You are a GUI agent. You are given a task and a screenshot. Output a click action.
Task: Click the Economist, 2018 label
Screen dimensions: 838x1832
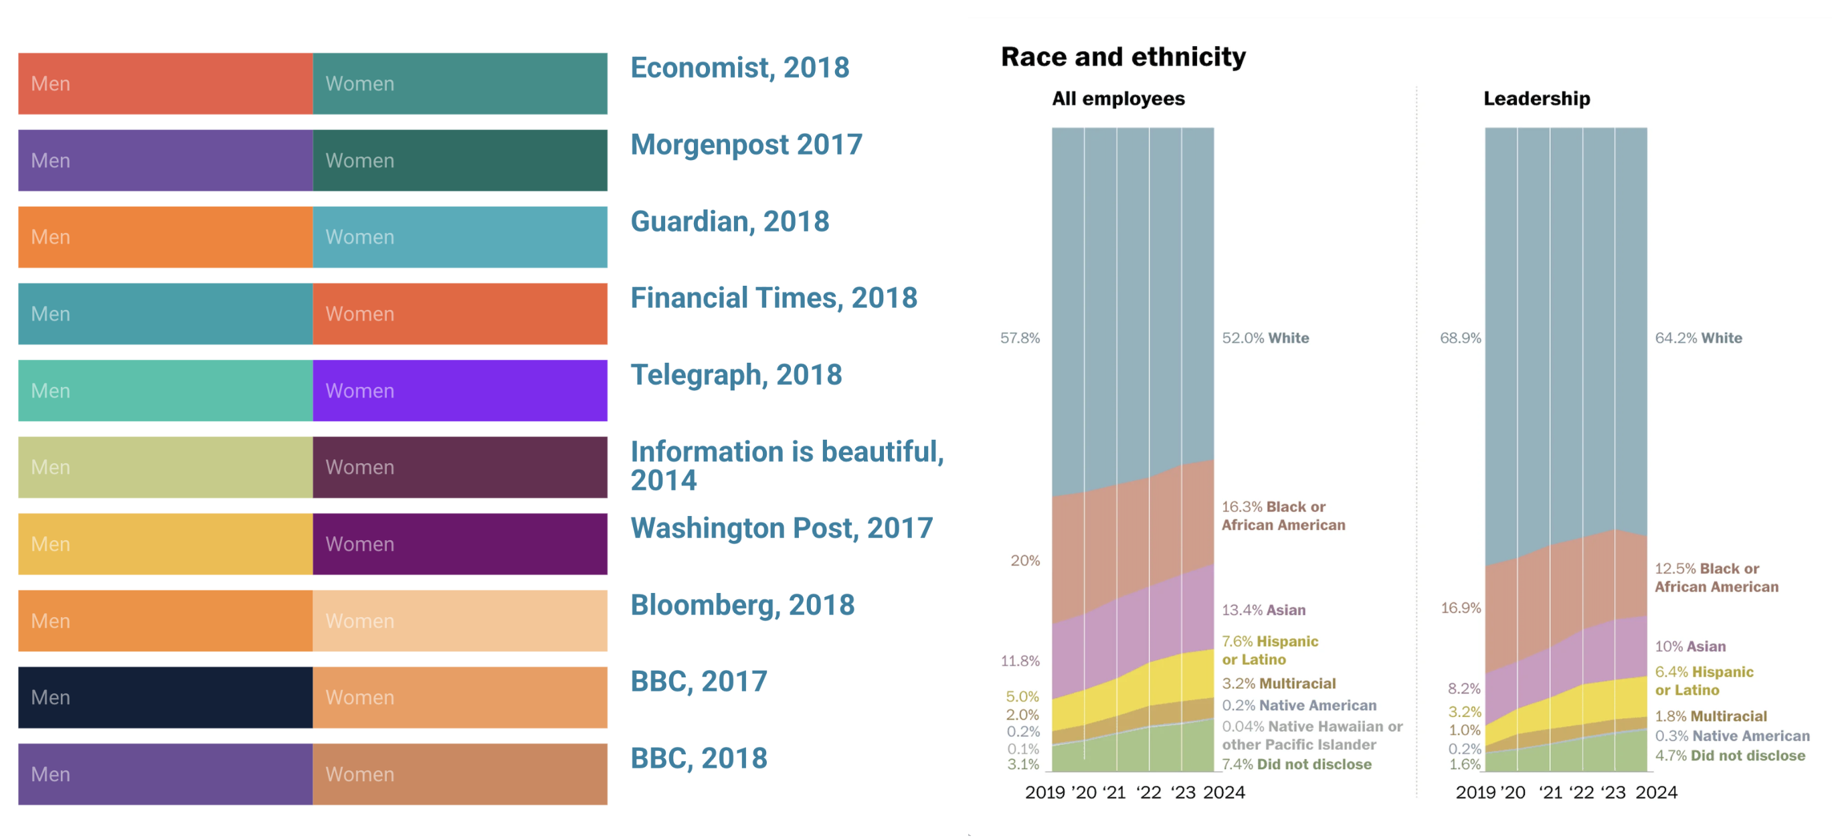tap(739, 68)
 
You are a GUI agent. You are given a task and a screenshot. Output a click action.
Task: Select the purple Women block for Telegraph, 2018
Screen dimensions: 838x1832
tap(460, 390)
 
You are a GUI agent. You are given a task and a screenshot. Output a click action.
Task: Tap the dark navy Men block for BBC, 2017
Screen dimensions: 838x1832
tap(165, 697)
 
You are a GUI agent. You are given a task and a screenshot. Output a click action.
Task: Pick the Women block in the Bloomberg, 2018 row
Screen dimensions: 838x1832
tap(460, 620)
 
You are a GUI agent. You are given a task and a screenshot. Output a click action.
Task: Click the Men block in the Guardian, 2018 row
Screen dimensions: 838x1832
tap(165, 237)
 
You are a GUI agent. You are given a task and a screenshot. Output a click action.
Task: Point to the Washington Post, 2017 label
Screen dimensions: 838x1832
tap(781, 529)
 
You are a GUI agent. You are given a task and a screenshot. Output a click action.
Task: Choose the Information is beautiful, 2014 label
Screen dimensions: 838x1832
tap(787, 465)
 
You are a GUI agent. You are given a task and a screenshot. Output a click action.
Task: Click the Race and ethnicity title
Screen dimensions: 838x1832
tap(1123, 57)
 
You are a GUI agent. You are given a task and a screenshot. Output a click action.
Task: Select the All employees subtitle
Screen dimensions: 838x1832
tap(1118, 99)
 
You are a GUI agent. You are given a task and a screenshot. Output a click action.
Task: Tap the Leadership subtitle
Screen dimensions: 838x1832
tap(1536, 99)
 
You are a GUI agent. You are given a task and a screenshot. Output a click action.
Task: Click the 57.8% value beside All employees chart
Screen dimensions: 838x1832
tap(1020, 338)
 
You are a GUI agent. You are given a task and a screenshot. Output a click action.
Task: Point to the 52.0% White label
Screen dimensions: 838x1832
tap(1265, 338)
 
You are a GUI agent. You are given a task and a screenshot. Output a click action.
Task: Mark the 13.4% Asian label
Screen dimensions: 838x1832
tap(1263, 610)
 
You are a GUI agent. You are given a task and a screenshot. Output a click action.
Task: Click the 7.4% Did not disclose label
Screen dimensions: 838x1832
tap(1297, 764)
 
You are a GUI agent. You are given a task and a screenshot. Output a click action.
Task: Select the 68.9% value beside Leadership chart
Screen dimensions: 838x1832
tap(1460, 338)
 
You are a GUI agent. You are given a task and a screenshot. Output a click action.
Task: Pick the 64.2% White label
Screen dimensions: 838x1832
tap(1698, 338)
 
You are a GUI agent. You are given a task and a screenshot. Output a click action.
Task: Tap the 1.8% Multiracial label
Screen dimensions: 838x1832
tap(1710, 716)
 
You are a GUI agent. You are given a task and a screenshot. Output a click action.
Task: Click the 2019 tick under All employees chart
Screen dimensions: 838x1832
tap(1044, 792)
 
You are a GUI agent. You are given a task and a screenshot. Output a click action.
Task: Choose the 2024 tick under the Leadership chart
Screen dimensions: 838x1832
tap(1656, 792)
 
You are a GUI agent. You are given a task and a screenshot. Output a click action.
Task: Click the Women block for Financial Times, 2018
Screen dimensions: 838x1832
tap(460, 314)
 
